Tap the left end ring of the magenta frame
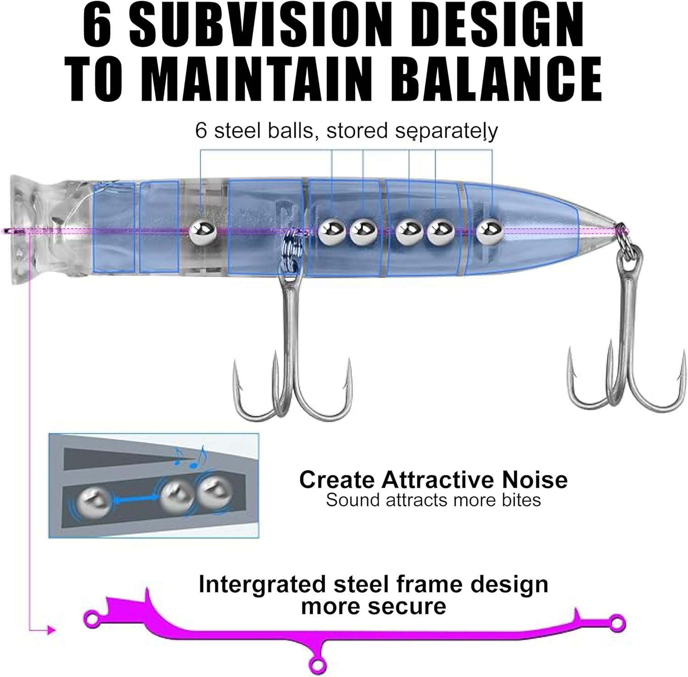click(x=93, y=620)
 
